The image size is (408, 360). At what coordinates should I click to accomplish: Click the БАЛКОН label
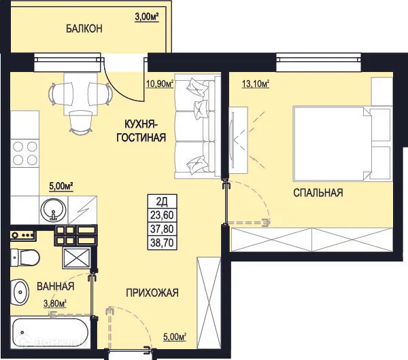coord(84,29)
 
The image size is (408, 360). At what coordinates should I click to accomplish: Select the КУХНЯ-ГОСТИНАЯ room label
coord(145,130)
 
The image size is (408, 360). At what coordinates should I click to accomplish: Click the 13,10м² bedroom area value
coord(256,84)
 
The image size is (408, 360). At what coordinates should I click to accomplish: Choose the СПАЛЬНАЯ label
coord(318,193)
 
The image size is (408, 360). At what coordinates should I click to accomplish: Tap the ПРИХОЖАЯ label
coord(152,293)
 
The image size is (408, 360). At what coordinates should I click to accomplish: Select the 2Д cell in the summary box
coord(163,201)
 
